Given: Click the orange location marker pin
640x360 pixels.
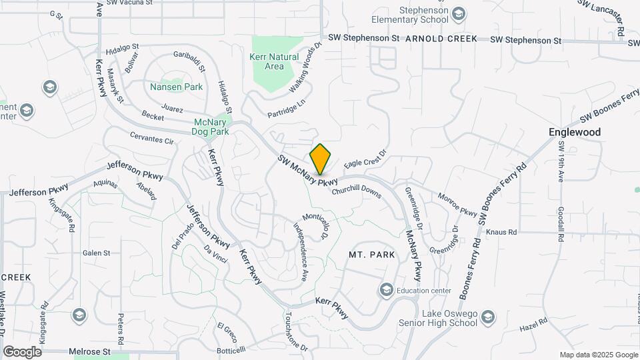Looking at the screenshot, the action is pyautogui.click(x=321, y=159).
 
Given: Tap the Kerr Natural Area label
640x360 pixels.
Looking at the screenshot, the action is pyautogui.click(x=274, y=61).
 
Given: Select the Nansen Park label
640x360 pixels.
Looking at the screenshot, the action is pyautogui.click(x=167, y=87).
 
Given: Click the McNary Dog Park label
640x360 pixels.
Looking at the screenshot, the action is pyautogui.click(x=211, y=127).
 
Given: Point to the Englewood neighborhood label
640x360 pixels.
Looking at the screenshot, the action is pyautogui.click(x=575, y=132).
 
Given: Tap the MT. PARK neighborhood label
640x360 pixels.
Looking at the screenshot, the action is pyautogui.click(x=372, y=255).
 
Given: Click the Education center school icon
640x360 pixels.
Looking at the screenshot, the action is pyautogui.click(x=386, y=290).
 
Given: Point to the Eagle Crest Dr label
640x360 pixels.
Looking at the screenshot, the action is pyautogui.click(x=365, y=159).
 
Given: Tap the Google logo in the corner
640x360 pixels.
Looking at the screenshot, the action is pyautogui.click(x=22, y=351).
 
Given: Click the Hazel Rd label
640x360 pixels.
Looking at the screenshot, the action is pyautogui.click(x=533, y=325).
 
